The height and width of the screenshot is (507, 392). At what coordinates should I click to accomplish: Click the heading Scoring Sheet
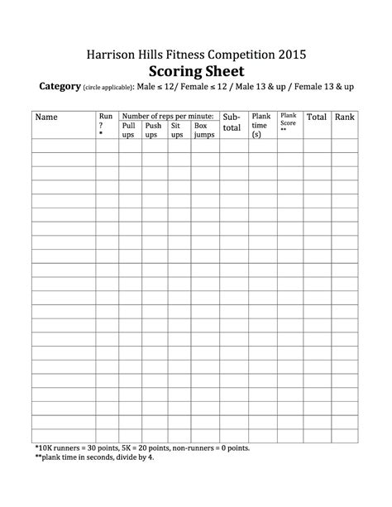[196, 70]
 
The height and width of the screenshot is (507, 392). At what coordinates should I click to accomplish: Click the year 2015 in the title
[289, 55]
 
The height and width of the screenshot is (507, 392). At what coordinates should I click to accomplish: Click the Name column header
[46, 117]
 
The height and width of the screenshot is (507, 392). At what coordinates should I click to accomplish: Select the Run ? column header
[106, 122]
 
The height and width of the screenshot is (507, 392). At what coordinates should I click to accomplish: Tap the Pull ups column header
[128, 131]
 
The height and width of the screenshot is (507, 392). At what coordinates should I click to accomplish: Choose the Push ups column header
[153, 131]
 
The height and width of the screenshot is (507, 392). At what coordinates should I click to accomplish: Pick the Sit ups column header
[177, 131]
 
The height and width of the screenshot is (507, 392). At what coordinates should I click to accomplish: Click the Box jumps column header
[203, 131]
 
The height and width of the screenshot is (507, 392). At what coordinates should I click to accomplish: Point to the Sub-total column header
[232, 122]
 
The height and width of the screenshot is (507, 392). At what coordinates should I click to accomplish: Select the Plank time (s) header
[261, 125]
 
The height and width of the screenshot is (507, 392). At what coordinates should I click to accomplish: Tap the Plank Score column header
[289, 122]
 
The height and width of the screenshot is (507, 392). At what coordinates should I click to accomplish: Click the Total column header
[317, 117]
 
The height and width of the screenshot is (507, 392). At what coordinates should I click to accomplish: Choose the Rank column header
[344, 117]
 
